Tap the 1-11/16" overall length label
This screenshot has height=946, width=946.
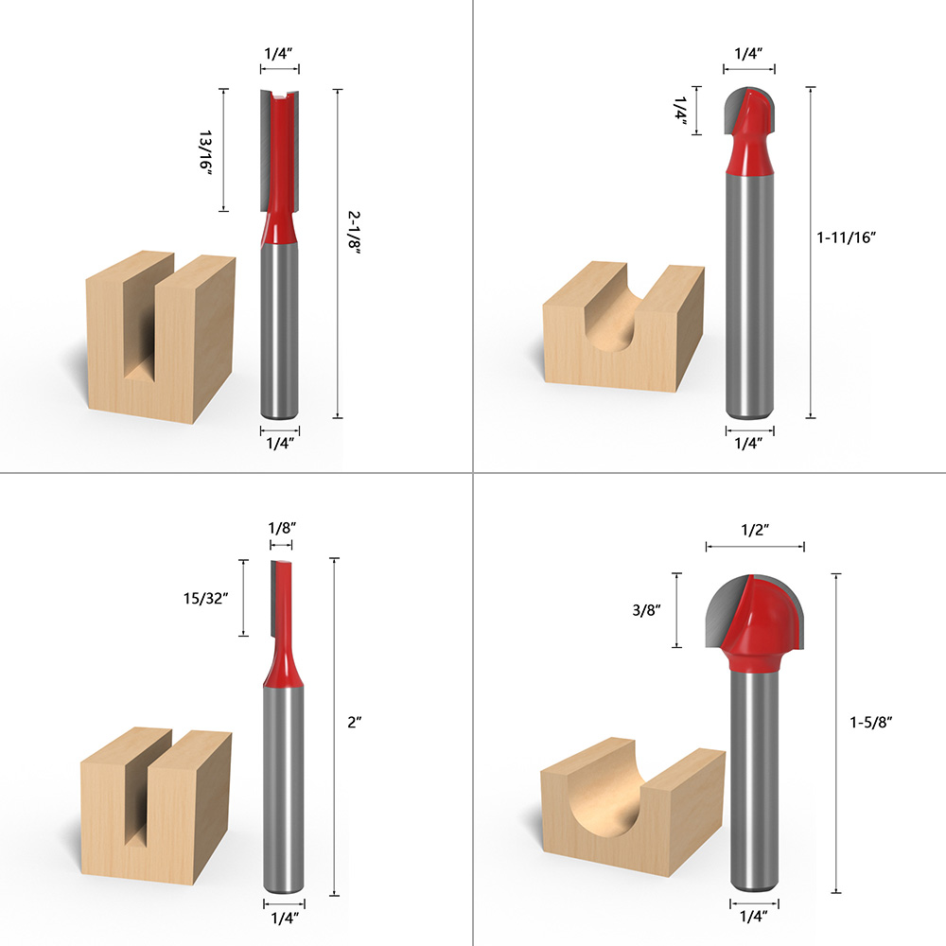pos(847,238)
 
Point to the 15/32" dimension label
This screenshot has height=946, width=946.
pos(208,599)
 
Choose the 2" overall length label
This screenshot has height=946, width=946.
pos(355,720)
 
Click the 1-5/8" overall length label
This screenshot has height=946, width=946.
pos(870,721)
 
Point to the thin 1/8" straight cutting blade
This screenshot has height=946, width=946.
pos(282,605)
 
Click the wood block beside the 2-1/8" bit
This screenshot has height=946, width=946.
pos(159,335)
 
